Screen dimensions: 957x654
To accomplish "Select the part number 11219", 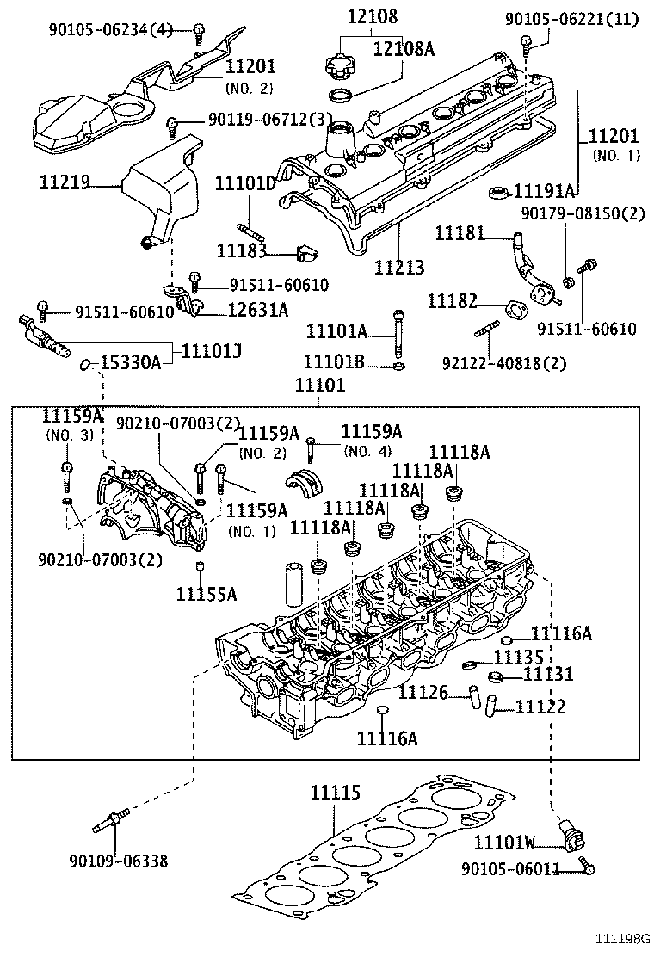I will [65, 182].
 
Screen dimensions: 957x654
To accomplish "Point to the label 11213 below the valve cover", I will [399, 268].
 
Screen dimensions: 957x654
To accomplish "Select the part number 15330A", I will [131, 363].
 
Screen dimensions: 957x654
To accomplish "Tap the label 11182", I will [453, 300].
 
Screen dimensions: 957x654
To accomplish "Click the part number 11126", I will [424, 691].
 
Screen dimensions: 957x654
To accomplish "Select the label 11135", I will [518, 658].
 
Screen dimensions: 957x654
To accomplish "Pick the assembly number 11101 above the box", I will [320, 386].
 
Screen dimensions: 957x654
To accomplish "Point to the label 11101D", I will [245, 183].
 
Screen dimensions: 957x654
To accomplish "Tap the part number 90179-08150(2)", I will [582, 213].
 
